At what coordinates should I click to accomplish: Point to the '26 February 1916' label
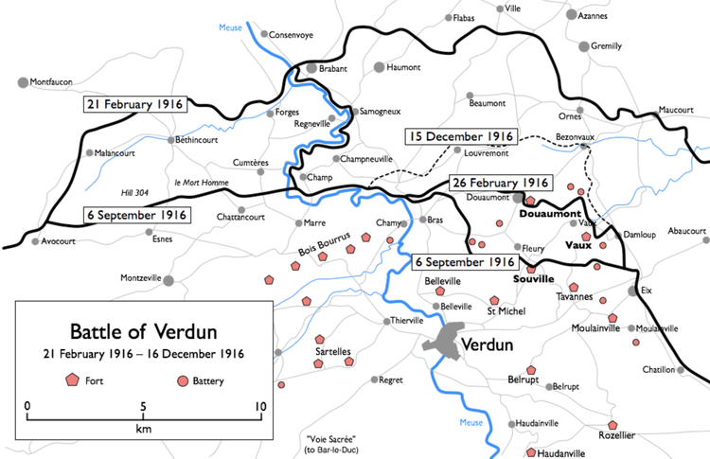(x=499, y=183)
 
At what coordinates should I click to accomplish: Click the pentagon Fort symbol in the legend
(x=71, y=380)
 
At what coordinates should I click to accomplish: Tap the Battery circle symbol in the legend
(x=182, y=380)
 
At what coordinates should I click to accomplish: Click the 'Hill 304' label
(x=136, y=192)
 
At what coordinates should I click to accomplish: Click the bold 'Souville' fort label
(x=532, y=281)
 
